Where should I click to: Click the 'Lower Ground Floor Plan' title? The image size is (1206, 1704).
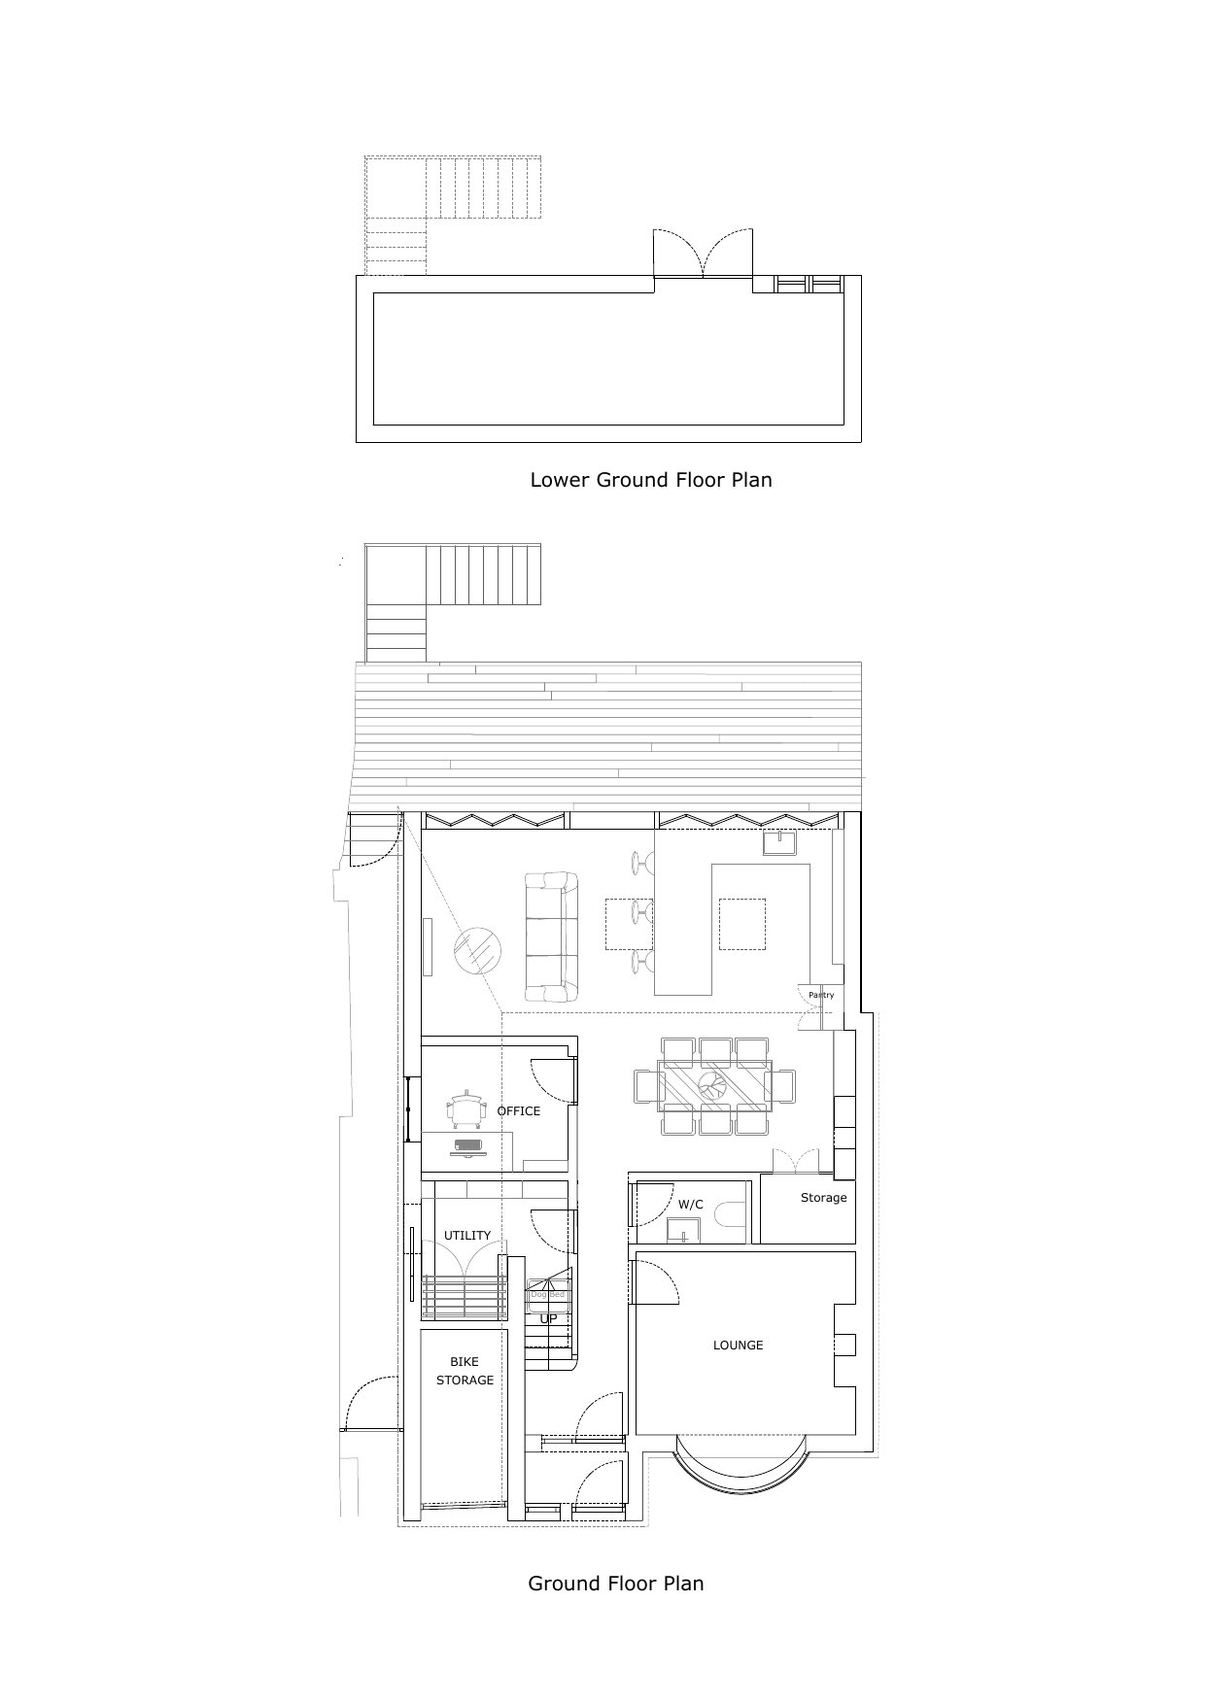650,480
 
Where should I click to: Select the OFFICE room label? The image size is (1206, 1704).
518,1111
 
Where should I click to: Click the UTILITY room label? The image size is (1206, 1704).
467,1236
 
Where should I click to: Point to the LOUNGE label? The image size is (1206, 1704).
738,1346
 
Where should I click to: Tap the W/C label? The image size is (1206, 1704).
690,1205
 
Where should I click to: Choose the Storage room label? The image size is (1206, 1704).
823,1198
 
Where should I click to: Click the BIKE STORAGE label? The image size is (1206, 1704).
465,1371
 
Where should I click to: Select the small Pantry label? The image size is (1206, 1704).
821,996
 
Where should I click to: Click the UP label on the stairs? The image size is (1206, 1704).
549,1319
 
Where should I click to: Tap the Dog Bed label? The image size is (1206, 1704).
547,1295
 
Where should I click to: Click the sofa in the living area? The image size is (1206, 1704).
551,937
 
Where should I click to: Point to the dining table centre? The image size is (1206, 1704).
714,1086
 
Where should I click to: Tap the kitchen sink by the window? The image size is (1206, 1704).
780,841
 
